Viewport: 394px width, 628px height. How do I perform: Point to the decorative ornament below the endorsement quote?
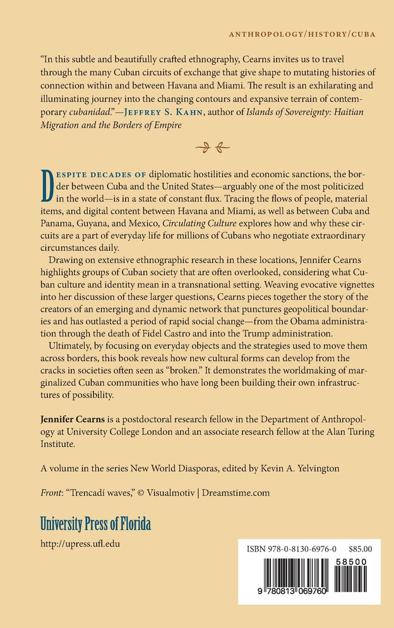[212, 149]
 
